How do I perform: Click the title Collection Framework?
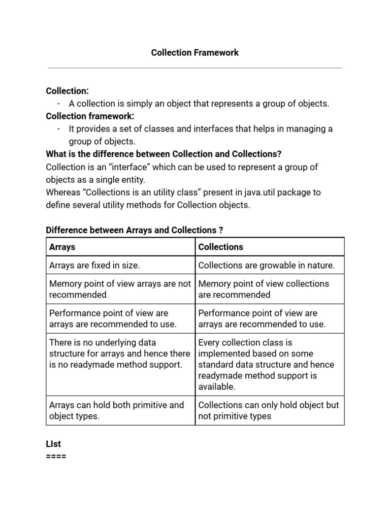coord(195,53)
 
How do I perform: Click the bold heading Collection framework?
coord(90,116)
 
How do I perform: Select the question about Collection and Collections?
coord(164,154)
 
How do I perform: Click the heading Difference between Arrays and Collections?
coord(135,231)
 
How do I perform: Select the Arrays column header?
coord(62,247)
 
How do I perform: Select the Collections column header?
coord(220,247)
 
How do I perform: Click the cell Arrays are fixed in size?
coord(94,265)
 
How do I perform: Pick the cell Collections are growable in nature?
coord(267,265)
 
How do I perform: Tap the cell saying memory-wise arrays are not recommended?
coord(120,289)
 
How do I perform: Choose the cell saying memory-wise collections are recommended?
coord(264,289)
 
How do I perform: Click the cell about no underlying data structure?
coord(120,354)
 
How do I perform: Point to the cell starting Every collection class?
coord(266,364)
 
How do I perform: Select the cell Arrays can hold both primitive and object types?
coord(116,410)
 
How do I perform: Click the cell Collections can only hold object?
coord(268,410)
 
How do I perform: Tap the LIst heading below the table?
coord(53,444)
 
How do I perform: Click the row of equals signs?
coord(56,456)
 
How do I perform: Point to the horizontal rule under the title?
coord(195,68)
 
